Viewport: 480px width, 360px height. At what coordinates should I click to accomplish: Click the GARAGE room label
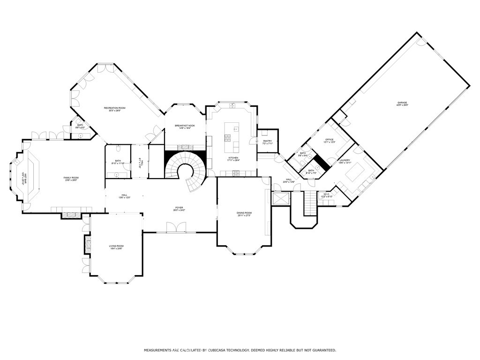point(402,103)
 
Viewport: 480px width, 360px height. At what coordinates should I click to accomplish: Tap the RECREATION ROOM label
point(114,108)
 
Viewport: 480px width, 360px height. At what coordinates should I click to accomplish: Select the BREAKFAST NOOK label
point(185,126)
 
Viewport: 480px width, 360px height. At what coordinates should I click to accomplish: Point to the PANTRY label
point(268,141)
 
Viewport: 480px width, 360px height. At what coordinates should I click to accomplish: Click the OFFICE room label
point(329,139)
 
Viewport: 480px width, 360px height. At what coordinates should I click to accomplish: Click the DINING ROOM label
point(244,213)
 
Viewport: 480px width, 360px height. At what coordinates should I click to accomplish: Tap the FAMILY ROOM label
point(71,178)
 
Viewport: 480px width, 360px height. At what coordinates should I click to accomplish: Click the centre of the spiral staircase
point(186,171)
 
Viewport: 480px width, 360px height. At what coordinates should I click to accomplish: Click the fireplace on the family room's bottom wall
point(71,215)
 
